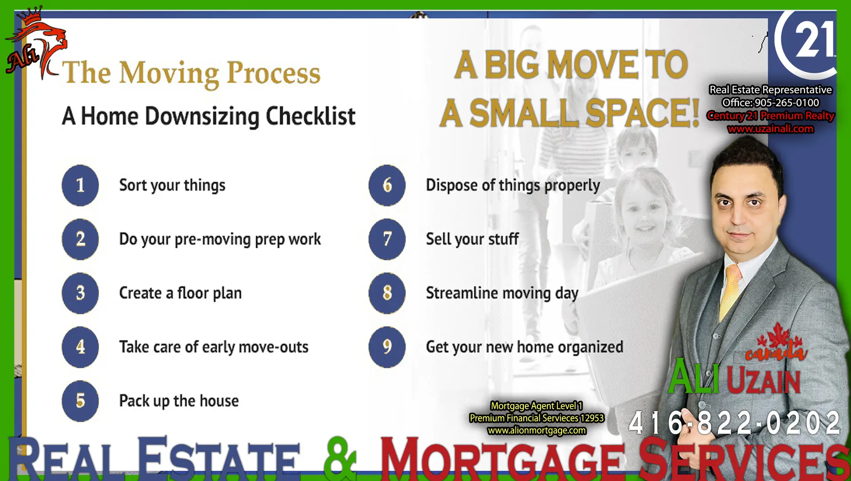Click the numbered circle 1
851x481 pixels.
pyautogui.click(x=80, y=185)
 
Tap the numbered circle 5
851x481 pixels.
pyautogui.click(x=80, y=401)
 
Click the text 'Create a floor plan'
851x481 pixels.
pyautogui.click(x=180, y=293)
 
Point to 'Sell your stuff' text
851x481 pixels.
pyautogui.click(x=472, y=239)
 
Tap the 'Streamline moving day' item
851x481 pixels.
pyautogui.click(x=502, y=293)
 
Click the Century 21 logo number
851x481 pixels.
pyautogui.click(x=815, y=40)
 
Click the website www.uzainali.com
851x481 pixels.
pyautogui.click(x=770, y=129)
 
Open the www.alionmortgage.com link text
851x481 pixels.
pyautogui.click(x=537, y=430)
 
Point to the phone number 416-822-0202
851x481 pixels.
pyautogui.click(x=734, y=422)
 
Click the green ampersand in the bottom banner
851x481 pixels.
pyautogui.click(x=340, y=458)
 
